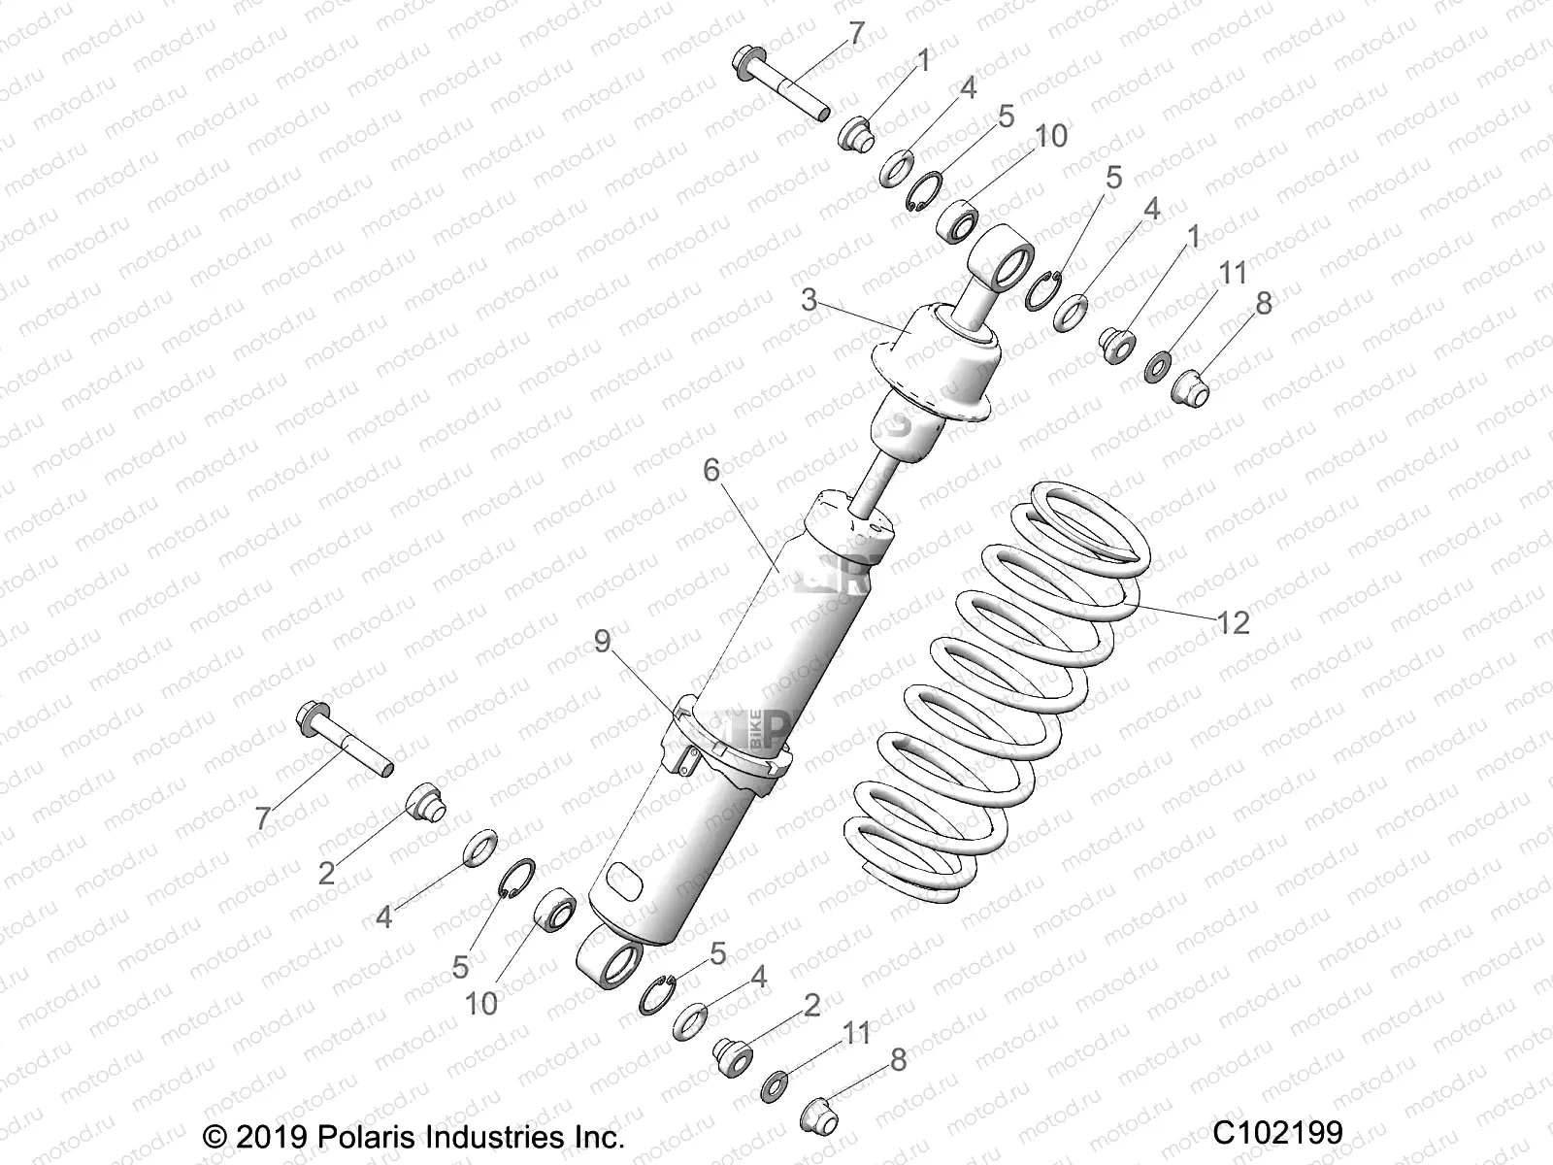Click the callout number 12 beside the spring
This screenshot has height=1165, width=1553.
[1233, 622]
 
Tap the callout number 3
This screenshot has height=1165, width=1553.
[809, 300]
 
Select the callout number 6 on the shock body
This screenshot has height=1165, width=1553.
[711, 471]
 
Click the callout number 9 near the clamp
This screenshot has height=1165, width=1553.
[603, 642]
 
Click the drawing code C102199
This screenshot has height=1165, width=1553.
[1277, 1132]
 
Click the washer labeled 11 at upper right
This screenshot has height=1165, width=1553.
[1156, 369]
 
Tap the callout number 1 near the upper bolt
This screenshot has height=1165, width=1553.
[922, 62]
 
